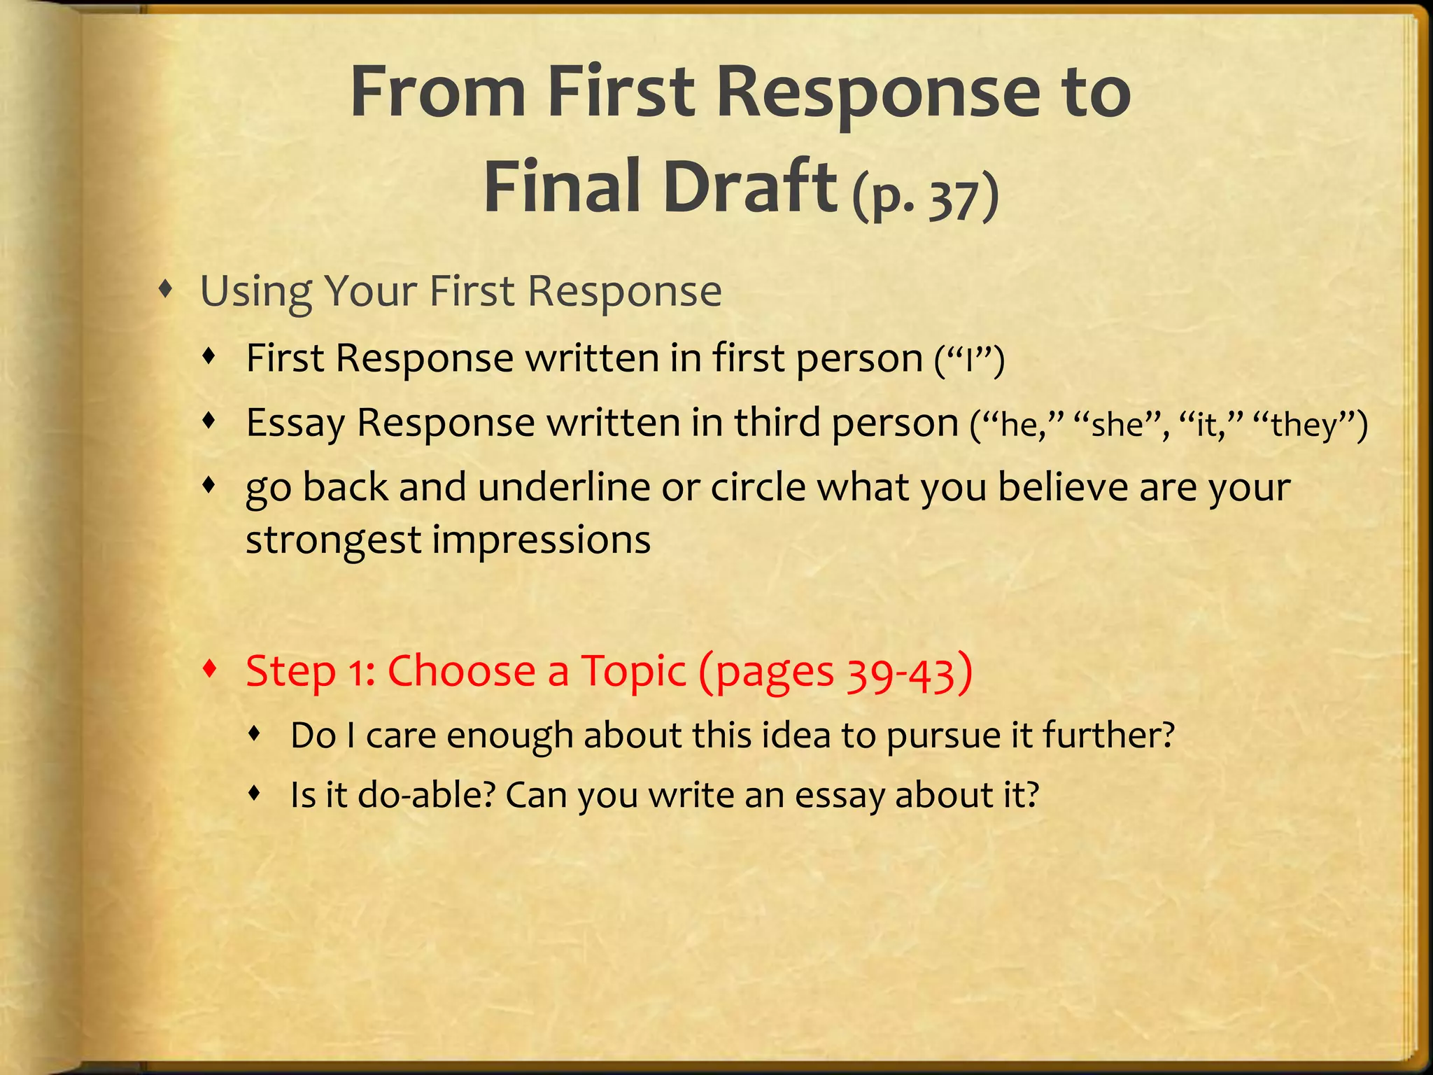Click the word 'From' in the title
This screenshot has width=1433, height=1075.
pyautogui.click(x=437, y=93)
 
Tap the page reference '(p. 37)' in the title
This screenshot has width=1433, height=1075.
pyautogui.click(x=925, y=197)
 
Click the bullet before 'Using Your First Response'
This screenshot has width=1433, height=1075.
pyautogui.click(x=165, y=288)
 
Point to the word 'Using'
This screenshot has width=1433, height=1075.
pyautogui.click(x=256, y=293)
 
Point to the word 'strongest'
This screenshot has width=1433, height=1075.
pyautogui.click(x=333, y=541)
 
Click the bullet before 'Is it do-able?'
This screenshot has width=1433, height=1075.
pyautogui.click(x=255, y=793)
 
